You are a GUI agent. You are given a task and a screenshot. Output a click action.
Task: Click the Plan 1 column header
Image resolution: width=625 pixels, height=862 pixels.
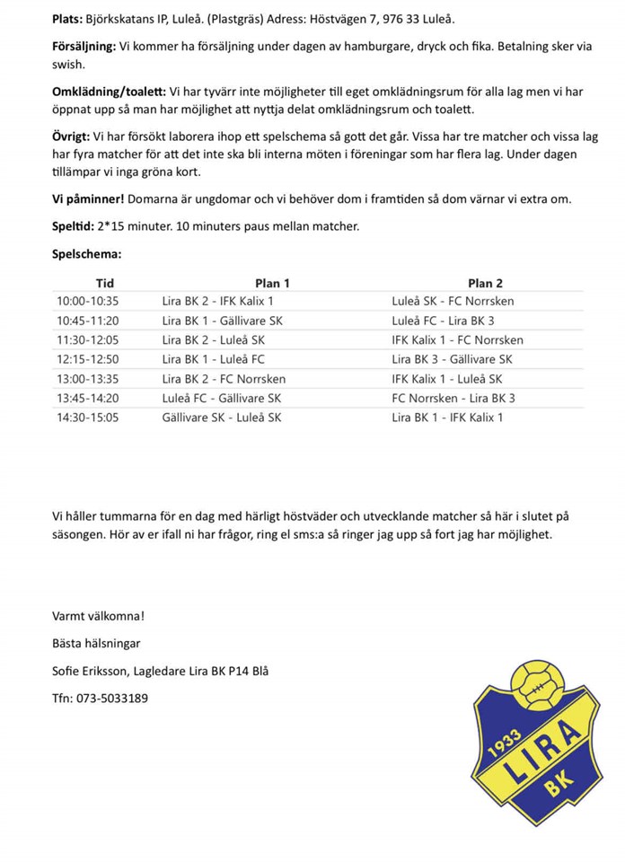coord(272,283)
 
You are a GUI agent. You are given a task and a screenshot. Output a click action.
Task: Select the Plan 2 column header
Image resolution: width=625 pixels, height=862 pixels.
coord(485,283)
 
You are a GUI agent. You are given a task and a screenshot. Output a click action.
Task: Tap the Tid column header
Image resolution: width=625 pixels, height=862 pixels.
coord(105,283)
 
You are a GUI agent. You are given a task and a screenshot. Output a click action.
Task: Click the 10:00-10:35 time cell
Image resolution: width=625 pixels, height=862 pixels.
coord(87,302)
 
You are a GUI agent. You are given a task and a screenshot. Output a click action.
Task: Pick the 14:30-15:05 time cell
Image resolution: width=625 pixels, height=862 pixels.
coord(87,418)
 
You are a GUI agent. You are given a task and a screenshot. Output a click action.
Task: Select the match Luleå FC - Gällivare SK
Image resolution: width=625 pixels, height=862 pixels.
coord(222,398)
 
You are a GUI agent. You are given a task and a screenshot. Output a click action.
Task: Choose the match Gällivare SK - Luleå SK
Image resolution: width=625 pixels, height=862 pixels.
coord(222,418)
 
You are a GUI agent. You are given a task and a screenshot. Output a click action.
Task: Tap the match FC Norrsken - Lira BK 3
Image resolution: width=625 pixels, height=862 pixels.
coord(453,398)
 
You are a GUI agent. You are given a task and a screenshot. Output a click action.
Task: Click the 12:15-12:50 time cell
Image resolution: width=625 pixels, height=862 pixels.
coord(87,359)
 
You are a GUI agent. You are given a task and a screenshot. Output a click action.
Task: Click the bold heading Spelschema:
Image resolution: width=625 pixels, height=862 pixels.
coord(87,254)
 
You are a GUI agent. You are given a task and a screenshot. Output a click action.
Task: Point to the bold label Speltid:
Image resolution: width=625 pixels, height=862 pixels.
coord(73,226)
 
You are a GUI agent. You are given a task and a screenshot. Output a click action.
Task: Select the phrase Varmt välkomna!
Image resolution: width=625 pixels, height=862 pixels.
coord(98,616)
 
